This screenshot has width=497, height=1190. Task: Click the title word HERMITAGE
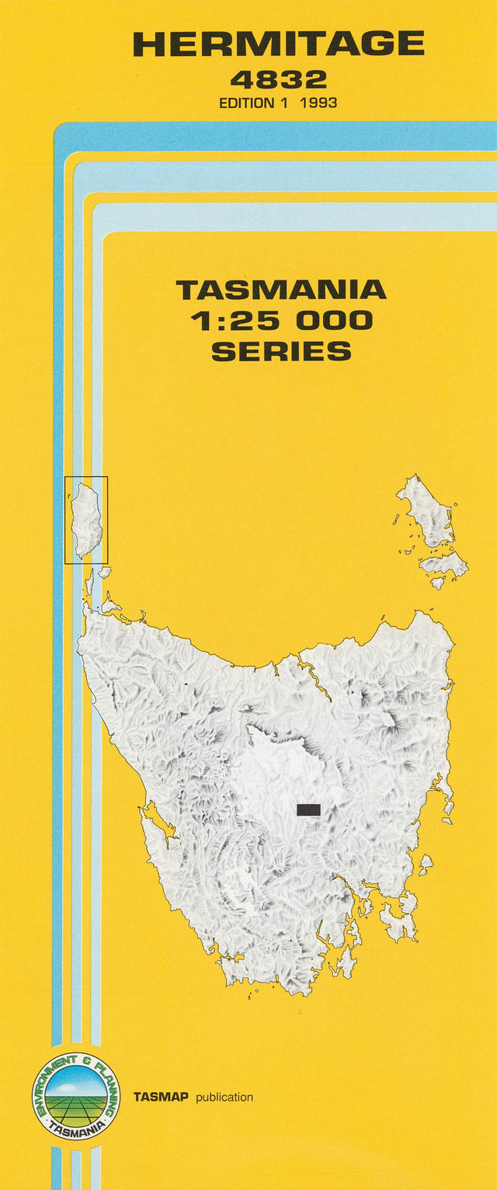pos(279,43)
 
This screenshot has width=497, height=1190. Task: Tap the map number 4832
pos(278,79)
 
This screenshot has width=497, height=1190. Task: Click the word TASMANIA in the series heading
pos(280,291)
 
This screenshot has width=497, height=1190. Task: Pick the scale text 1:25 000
pos(280,321)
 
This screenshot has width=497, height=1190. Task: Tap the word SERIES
pos(280,351)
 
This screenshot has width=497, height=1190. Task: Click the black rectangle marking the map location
pos(308,809)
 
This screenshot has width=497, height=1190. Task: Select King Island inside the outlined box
pos(86,519)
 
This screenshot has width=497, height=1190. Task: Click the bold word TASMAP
pos(162,1097)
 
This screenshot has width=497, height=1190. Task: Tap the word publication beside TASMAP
pos(224,1097)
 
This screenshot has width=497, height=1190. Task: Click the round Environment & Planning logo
pos(76,1096)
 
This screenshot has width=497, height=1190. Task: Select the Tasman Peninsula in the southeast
pos(400,922)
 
